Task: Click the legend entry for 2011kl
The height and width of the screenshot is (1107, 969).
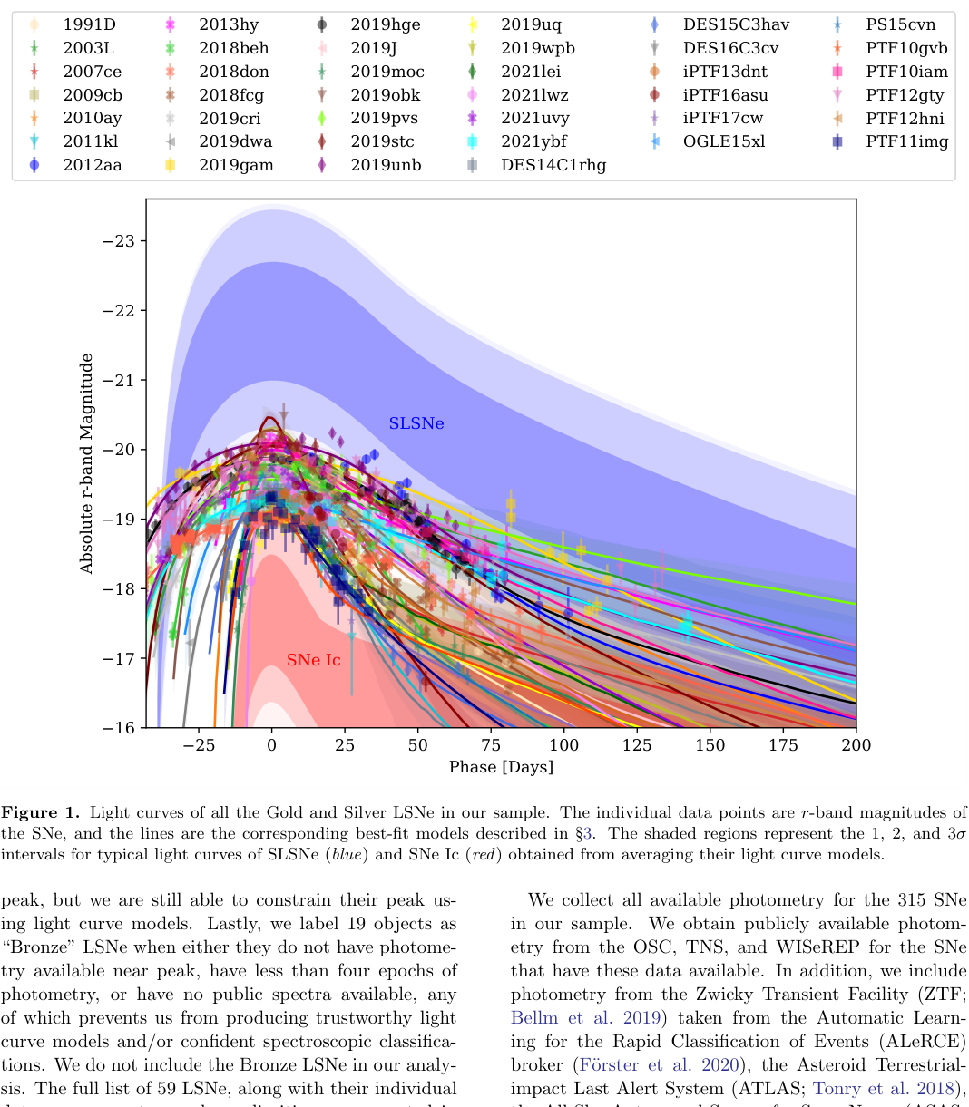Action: tap(91, 141)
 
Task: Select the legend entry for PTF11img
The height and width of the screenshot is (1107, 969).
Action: tap(906, 141)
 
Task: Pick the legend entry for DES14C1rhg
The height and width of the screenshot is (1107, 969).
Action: tap(553, 165)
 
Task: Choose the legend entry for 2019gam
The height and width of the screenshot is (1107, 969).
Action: tap(236, 165)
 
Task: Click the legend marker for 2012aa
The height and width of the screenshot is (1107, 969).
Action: tap(34, 165)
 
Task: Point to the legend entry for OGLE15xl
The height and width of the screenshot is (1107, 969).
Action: tap(723, 141)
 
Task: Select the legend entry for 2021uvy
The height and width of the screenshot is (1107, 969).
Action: tap(534, 118)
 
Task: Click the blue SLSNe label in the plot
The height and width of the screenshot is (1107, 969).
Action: tap(416, 423)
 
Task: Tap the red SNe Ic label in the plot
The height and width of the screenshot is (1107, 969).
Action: tap(314, 660)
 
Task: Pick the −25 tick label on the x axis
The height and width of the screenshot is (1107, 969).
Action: tap(198, 745)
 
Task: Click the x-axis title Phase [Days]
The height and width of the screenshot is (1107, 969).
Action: tap(501, 768)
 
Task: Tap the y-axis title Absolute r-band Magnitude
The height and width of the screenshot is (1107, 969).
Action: tap(87, 463)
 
